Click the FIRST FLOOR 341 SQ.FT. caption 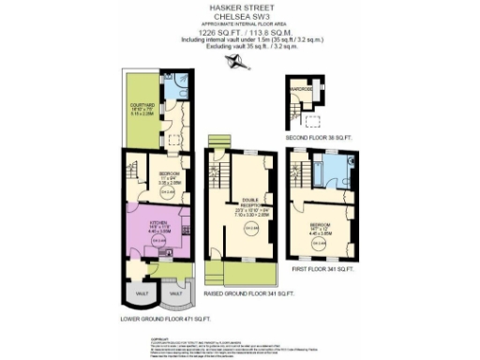click(336, 270)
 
